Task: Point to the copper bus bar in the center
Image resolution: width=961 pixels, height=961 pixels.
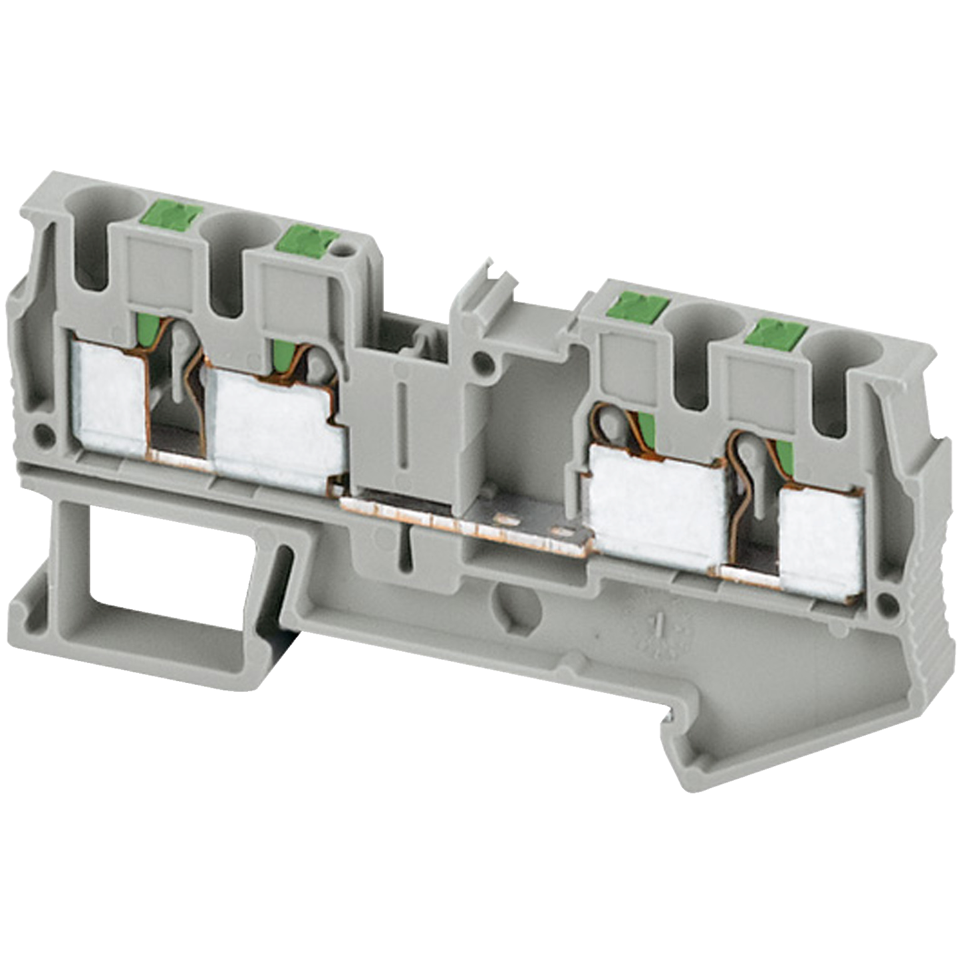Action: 466,525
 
